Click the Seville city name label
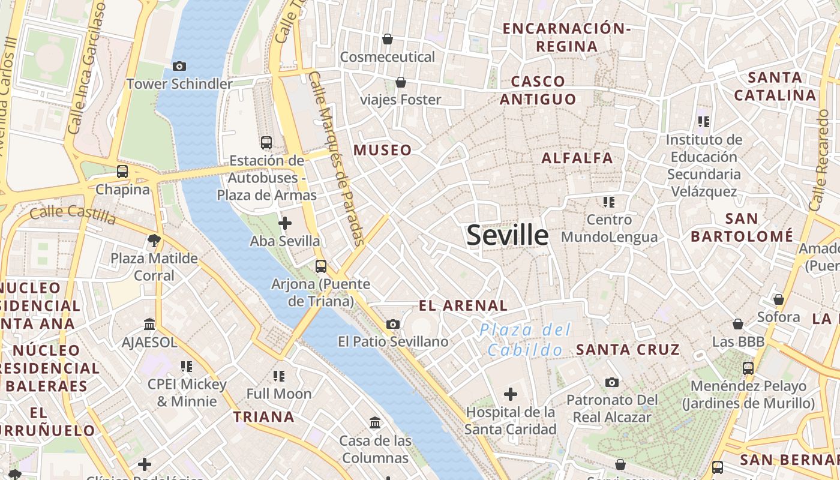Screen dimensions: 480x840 click(x=508, y=235)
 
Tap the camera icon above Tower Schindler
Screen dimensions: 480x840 click(x=179, y=66)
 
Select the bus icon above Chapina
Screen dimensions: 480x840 click(x=122, y=172)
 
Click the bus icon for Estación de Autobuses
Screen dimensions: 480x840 click(x=266, y=143)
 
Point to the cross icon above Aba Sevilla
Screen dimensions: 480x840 click(x=285, y=224)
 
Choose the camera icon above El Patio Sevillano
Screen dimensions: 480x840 click(x=393, y=325)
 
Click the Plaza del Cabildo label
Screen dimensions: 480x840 click(x=525, y=340)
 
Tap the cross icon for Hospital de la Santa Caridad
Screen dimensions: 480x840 click(x=511, y=394)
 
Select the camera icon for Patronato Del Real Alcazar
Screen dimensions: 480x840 click(x=612, y=382)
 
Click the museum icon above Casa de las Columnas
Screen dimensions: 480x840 click(x=376, y=423)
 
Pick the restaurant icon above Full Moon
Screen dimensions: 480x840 click(x=279, y=376)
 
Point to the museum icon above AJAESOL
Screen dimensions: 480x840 click(x=149, y=325)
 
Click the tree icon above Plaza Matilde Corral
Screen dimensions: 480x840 click(x=154, y=241)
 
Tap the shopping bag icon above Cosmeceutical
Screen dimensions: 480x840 click(x=388, y=39)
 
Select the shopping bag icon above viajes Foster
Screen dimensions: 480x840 click(x=400, y=82)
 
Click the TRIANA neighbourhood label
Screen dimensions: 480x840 click(x=264, y=416)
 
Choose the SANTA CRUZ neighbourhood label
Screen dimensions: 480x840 click(x=628, y=349)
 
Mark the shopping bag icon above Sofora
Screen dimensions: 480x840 click(x=779, y=299)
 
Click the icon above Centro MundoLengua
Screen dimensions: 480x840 click(x=609, y=202)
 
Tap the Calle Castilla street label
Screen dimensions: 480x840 click(x=73, y=214)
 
